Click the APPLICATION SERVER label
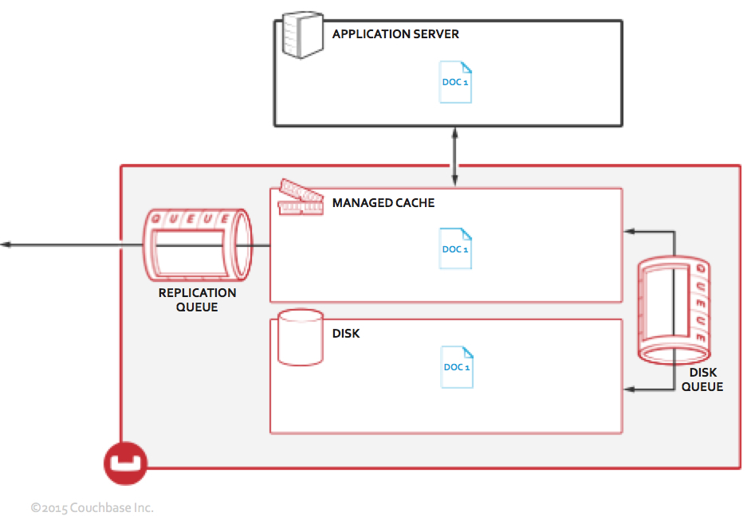(x=395, y=34)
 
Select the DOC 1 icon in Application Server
(x=455, y=81)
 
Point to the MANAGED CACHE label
(x=383, y=202)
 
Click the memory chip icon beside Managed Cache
(x=301, y=198)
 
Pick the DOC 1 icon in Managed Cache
(x=455, y=248)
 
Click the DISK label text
(x=346, y=333)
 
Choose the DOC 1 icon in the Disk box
(x=457, y=366)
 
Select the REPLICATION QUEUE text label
(x=197, y=299)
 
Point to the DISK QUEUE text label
(x=702, y=379)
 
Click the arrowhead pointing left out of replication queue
(x=6, y=244)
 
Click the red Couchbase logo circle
(x=126, y=463)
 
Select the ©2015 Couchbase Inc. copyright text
(x=92, y=507)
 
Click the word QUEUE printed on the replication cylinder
(x=192, y=219)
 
